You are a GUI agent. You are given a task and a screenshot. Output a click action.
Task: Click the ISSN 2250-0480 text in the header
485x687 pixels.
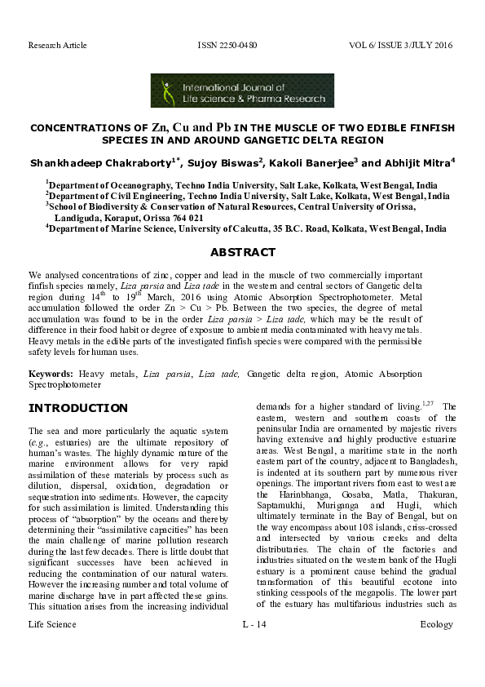(x=227, y=45)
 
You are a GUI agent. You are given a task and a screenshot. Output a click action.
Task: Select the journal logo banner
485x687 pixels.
(x=242, y=91)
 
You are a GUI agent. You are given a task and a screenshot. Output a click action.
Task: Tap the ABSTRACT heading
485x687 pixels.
(x=242, y=253)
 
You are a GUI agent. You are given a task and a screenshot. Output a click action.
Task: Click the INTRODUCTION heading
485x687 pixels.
(x=78, y=408)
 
